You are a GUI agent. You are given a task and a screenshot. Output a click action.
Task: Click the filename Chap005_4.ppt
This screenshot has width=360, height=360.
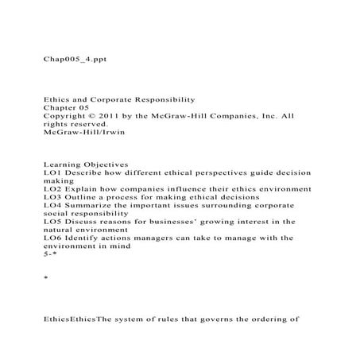(69, 59)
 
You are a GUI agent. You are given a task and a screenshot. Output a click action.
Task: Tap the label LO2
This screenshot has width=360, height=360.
(52, 188)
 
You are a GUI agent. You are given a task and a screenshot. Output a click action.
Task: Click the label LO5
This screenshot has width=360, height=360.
(52, 222)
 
